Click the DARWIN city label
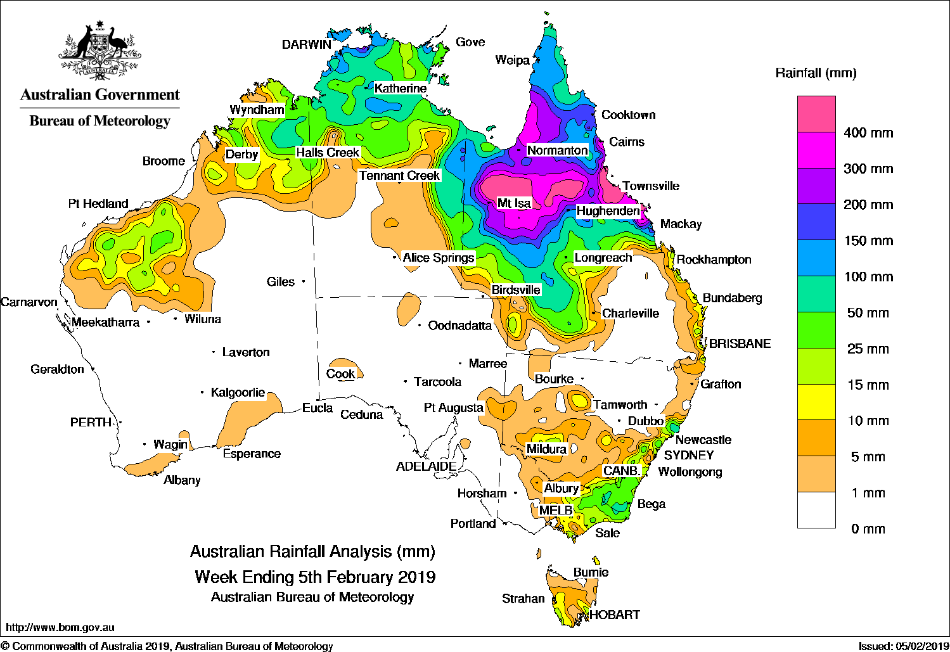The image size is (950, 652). [306, 44]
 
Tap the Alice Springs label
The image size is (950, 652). [438, 258]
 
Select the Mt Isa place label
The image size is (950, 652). [513, 203]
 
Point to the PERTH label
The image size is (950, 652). [91, 422]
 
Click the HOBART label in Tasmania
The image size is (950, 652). [614, 615]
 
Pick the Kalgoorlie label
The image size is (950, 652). [238, 393]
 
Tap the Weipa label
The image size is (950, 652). [512, 60]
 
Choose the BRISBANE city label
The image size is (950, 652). [740, 343]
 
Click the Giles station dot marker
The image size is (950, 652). [304, 281]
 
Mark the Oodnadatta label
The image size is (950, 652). [459, 326]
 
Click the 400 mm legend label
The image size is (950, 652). [868, 133]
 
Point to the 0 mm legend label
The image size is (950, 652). [868, 529]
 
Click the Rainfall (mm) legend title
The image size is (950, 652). [816, 73]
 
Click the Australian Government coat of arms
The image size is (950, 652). [99, 51]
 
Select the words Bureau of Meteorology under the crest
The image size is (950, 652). [99, 121]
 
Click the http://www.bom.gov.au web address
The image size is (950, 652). [60, 627]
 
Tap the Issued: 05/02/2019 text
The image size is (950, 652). [902, 646]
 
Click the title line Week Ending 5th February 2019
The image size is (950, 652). [315, 577]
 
